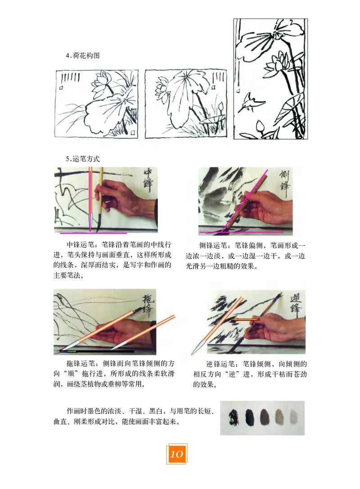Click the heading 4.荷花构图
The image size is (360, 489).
coord(83,56)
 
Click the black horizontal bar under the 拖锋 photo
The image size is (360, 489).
coord(103,351)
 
